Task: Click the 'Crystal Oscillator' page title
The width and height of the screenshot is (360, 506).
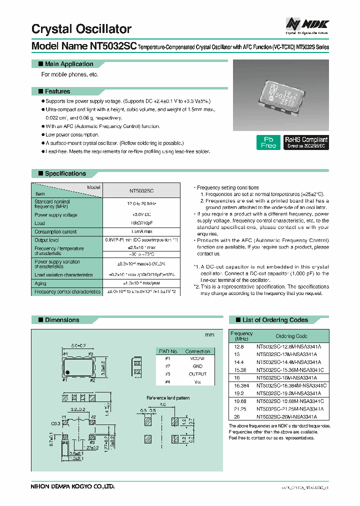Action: (x=81, y=29)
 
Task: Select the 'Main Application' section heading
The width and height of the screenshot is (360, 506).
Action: (x=68, y=64)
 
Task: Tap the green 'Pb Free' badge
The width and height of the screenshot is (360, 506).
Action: (x=268, y=142)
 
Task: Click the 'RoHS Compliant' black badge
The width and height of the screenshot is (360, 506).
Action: (x=306, y=142)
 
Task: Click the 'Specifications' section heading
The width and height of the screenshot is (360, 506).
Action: (x=65, y=173)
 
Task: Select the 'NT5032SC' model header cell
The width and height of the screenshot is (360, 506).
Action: (x=141, y=191)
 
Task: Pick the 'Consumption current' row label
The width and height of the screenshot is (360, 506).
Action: (x=55, y=231)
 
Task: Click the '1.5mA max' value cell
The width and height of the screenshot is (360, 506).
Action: (x=141, y=231)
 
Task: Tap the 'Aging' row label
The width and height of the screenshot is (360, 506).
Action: (x=40, y=283)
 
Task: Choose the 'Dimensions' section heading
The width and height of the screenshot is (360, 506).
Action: (x=61, y=319)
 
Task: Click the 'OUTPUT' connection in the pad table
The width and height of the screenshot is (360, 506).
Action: (x=197, y=373)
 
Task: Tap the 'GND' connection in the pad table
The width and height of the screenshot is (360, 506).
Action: (x=197, y=366)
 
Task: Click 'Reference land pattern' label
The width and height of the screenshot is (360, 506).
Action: (x=167, y=397)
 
